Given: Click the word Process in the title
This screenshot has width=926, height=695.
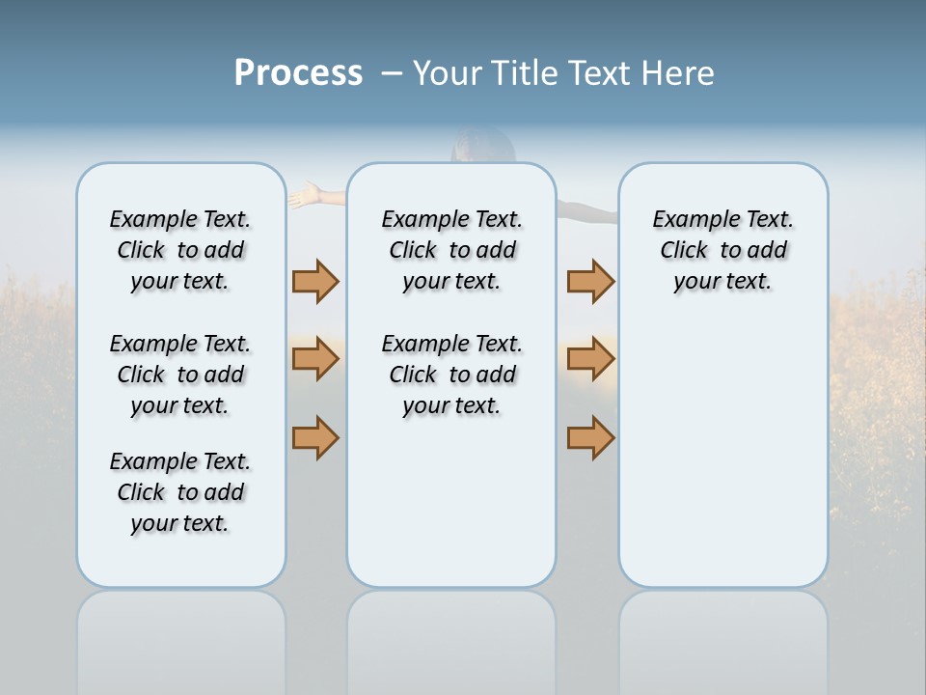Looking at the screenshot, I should pos(298,73).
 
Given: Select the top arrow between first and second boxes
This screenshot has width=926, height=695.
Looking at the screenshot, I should pos(315,281).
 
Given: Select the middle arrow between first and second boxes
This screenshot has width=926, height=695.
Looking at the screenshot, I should pos(315,359).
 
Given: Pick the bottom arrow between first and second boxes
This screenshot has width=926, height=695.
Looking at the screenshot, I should pos(315,437).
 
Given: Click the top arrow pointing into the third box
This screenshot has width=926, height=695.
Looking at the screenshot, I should pos(590,281).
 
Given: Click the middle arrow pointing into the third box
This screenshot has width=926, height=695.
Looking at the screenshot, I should pos(590,359).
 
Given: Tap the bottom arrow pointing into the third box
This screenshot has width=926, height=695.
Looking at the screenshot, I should pos(590,437).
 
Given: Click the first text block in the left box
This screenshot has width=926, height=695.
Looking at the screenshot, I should pos(180,250).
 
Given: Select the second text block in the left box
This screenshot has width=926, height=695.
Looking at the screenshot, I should pos(180,375).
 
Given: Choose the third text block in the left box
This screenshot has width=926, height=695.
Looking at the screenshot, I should pos(180,492).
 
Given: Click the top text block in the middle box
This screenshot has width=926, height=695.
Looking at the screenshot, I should pos(451,250).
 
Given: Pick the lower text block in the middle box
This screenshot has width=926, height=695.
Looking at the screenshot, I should pos(451,375).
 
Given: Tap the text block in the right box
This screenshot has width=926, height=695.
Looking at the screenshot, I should pos(722,250).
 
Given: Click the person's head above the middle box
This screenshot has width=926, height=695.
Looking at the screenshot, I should pos(482,145).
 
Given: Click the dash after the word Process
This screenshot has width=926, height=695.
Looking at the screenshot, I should pos(392,73).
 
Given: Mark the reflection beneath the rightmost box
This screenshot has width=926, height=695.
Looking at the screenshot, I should pos(722,642).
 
